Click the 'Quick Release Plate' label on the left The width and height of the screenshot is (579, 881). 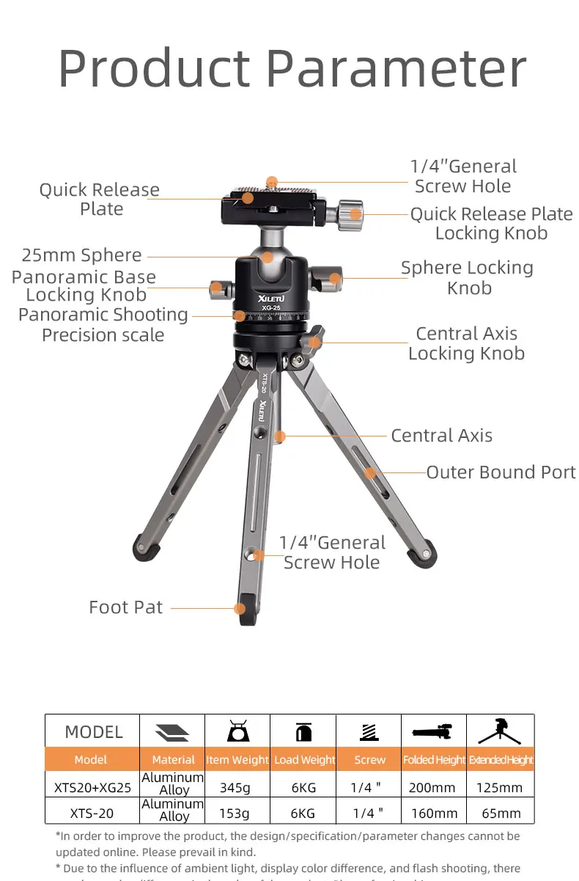(x=100, y=200)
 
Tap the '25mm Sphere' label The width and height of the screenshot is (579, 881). (x=81, y=255)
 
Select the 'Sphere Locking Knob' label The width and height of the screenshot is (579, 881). (x=467, y=278)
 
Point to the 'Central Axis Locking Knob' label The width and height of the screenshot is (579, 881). (x=466, y=343)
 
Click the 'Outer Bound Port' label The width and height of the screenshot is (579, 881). (x=501, y=472)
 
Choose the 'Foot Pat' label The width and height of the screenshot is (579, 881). (x=125, y=607)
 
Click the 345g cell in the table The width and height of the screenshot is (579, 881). (x=235, y=788)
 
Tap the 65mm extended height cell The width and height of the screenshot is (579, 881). (x=501, y=813)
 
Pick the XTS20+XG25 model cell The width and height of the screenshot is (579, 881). (x=92, y=788)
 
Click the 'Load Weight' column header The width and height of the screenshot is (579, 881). (x=304, y=760)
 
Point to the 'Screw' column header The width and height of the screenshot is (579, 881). (x=369, y=760)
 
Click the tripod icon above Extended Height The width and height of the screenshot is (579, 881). (x=500, y=731)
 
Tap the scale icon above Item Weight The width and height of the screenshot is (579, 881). (x=237, y=731)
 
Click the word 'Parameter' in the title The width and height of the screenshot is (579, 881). (x=396, y=70)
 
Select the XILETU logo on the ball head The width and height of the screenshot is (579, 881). (x=251, y=299)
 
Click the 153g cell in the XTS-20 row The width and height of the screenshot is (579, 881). (x=235, y=813)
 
